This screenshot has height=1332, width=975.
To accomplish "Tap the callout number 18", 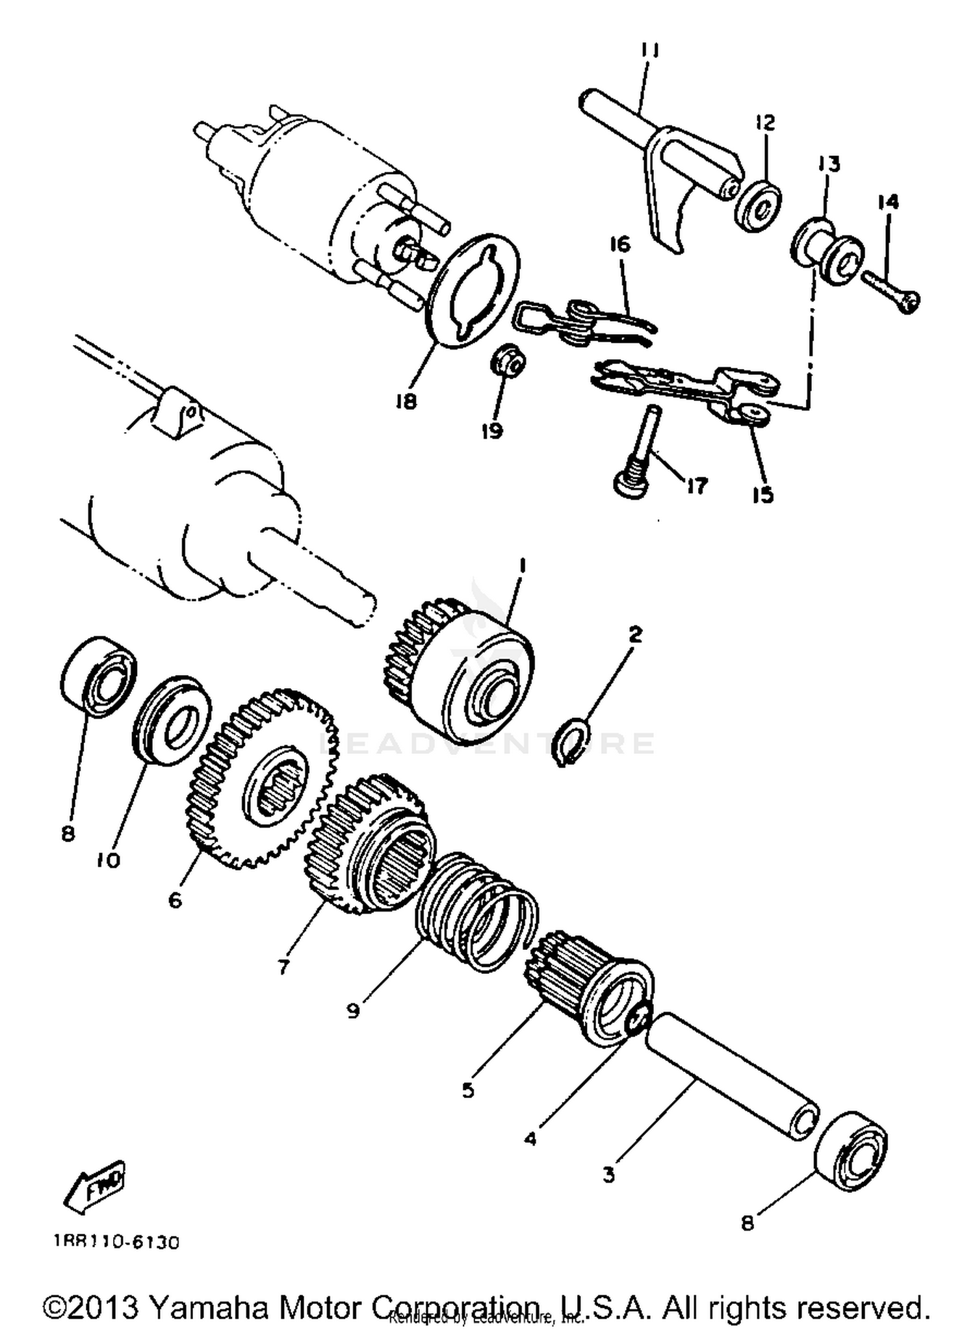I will [x=406, y=403].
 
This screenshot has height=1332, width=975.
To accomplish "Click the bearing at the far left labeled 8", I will [x=98, y=675].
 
